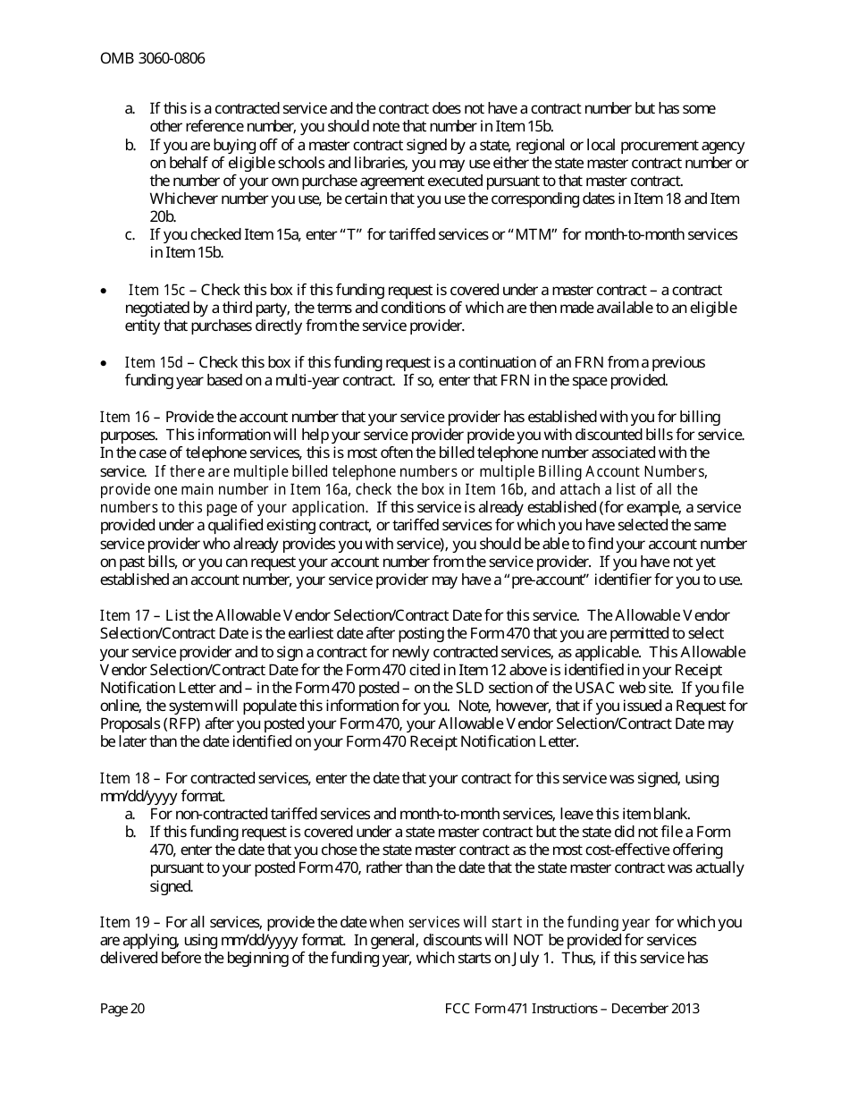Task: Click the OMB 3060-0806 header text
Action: pos(152,59)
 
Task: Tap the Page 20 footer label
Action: pos(122,1009)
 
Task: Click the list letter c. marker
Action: pos(130,234)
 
